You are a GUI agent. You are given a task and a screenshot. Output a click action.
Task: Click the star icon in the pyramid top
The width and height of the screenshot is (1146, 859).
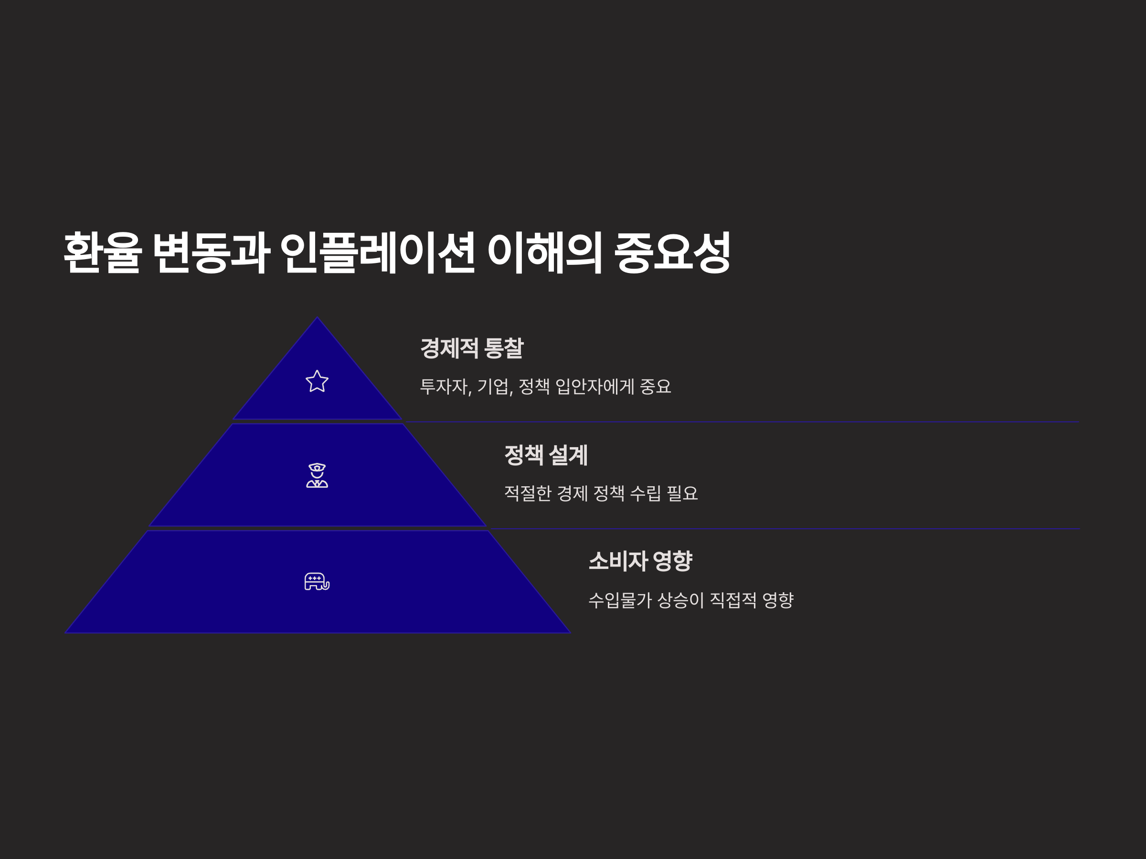(317, 381)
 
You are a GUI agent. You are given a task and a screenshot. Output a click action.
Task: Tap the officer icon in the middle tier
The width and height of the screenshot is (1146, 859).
(317, 475)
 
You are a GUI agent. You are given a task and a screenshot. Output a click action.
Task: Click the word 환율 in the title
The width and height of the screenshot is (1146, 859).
(103, 252)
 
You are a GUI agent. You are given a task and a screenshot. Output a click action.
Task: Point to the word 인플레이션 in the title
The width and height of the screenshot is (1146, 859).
(377, 252)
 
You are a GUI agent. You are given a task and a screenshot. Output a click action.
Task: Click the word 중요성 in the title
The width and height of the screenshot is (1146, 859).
(672, 252)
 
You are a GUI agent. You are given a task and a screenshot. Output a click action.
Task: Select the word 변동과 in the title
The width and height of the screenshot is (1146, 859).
(212, 252)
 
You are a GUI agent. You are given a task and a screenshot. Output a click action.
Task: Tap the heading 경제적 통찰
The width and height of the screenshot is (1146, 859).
(472, 348)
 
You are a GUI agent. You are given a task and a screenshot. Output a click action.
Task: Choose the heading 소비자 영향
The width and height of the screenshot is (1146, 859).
(640, 561)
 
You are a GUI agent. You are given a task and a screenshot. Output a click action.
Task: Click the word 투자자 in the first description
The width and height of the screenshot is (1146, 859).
(445, 386)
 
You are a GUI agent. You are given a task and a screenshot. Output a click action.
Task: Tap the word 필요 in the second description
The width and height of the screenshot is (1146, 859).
(682, 493)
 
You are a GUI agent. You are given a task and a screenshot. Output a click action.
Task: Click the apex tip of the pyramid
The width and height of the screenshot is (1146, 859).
(318, 318)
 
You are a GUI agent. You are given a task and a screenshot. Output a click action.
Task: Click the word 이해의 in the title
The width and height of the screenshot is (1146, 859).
(544, 252)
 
